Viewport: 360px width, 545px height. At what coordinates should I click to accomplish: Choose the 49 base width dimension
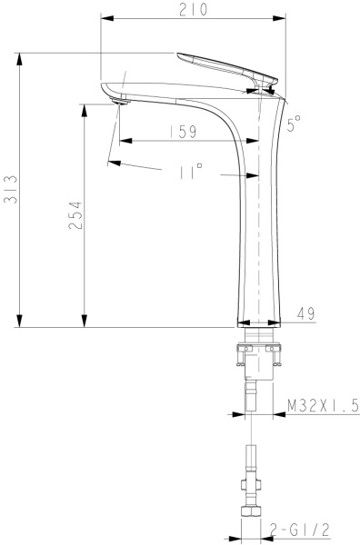(306, 313)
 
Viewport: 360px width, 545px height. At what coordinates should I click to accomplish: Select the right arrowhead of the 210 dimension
(278, 18)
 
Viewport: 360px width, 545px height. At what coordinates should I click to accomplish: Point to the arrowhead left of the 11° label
(112, 163)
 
